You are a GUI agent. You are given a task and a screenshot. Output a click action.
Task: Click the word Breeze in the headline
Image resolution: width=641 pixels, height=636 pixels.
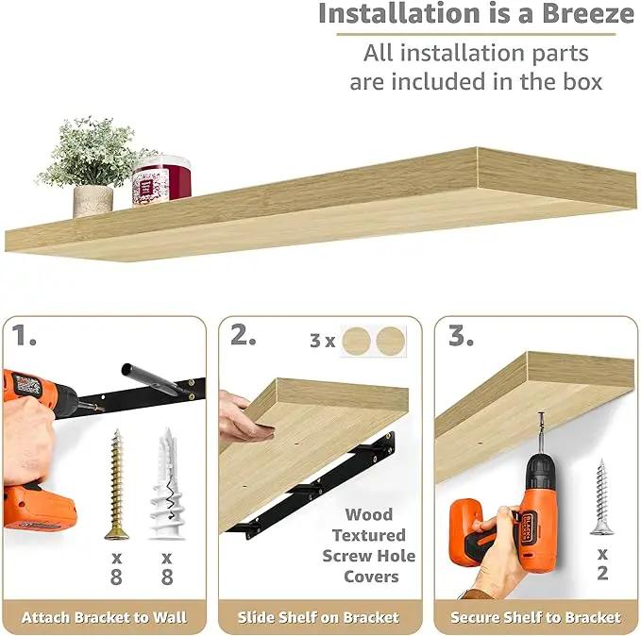tap(588, 13)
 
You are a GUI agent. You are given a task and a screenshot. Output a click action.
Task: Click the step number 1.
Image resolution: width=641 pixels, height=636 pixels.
tap(24, 336)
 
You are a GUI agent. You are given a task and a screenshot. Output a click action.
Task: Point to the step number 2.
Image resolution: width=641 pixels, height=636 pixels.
tap(244, 335)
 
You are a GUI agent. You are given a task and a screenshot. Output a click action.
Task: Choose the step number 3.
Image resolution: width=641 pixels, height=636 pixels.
tap(461, 336)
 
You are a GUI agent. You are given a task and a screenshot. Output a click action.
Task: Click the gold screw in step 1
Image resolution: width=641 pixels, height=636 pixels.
tap(117, 484)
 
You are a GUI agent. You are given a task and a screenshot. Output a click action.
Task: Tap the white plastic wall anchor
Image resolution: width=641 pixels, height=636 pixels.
tap(167, 483)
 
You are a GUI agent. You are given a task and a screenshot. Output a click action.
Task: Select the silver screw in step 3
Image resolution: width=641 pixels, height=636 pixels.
tap(601, 497)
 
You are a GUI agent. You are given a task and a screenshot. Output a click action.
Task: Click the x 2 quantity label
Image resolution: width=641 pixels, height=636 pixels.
tap(602, 565)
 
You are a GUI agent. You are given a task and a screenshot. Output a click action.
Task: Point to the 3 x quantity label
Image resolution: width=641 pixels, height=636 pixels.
tap(323, 341)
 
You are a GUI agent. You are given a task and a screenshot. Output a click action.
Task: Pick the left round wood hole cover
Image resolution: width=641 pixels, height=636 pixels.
tap(356, 341)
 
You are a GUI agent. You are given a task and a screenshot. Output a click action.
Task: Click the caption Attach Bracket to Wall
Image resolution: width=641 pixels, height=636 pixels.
tap(104, 617)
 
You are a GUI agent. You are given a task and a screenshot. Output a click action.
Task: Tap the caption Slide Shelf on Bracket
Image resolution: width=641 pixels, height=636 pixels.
tap(318, 617)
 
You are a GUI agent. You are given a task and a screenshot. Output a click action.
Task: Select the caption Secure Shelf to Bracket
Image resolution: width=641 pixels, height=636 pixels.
tap(535, 617)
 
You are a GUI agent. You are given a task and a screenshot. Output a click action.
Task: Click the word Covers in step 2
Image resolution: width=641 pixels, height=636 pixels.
tap(371, 577)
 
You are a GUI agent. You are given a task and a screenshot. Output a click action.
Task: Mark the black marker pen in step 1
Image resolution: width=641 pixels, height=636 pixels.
tap(156, 379)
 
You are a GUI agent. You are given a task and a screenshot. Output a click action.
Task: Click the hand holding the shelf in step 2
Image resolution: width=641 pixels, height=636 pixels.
tap(245, 416)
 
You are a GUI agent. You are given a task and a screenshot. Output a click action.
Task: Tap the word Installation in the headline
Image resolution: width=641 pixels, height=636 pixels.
tap(398, 13)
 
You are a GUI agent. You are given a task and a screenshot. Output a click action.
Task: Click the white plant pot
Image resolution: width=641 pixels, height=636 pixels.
tap(93, 201)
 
